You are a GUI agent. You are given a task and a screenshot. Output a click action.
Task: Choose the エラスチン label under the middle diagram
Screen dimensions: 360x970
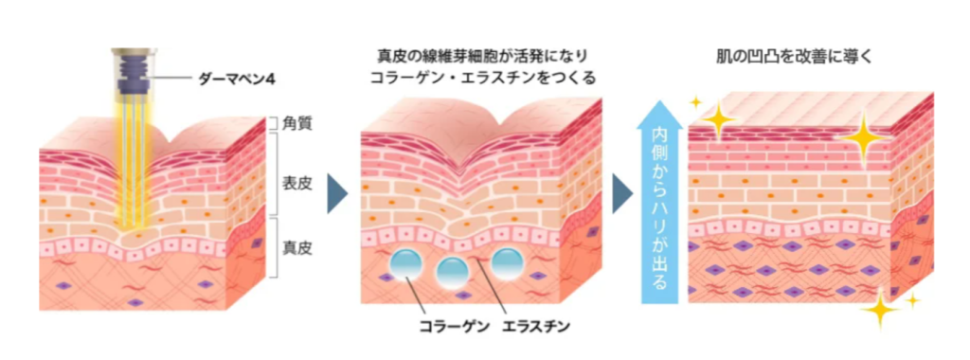pos(539,328)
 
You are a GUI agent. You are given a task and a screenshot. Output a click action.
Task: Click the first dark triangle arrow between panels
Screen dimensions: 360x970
pos(336,193)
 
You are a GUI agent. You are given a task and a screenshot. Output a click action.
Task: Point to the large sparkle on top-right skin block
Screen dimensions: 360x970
pos(865,138)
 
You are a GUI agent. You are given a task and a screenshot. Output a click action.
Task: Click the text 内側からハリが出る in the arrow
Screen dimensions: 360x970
pos(660,213)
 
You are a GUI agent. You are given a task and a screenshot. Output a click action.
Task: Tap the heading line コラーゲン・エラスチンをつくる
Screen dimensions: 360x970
pos(483,78)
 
